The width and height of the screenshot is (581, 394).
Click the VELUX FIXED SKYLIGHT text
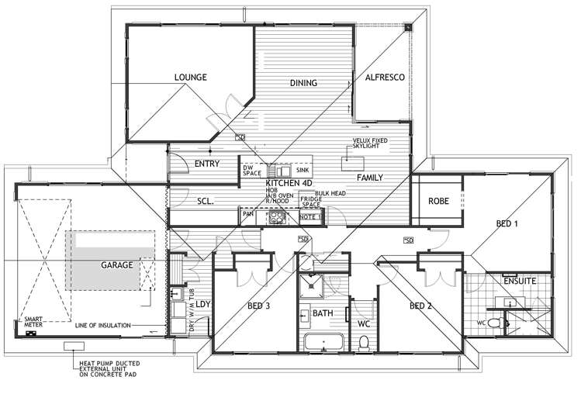(369, 143)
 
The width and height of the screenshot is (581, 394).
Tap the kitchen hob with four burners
(277, 219)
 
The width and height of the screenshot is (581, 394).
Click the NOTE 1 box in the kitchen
(310, 218)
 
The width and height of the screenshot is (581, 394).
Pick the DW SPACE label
(252, 170)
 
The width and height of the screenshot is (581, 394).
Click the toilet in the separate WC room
(363, 341)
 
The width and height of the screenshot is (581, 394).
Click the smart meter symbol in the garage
(32, 334)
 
